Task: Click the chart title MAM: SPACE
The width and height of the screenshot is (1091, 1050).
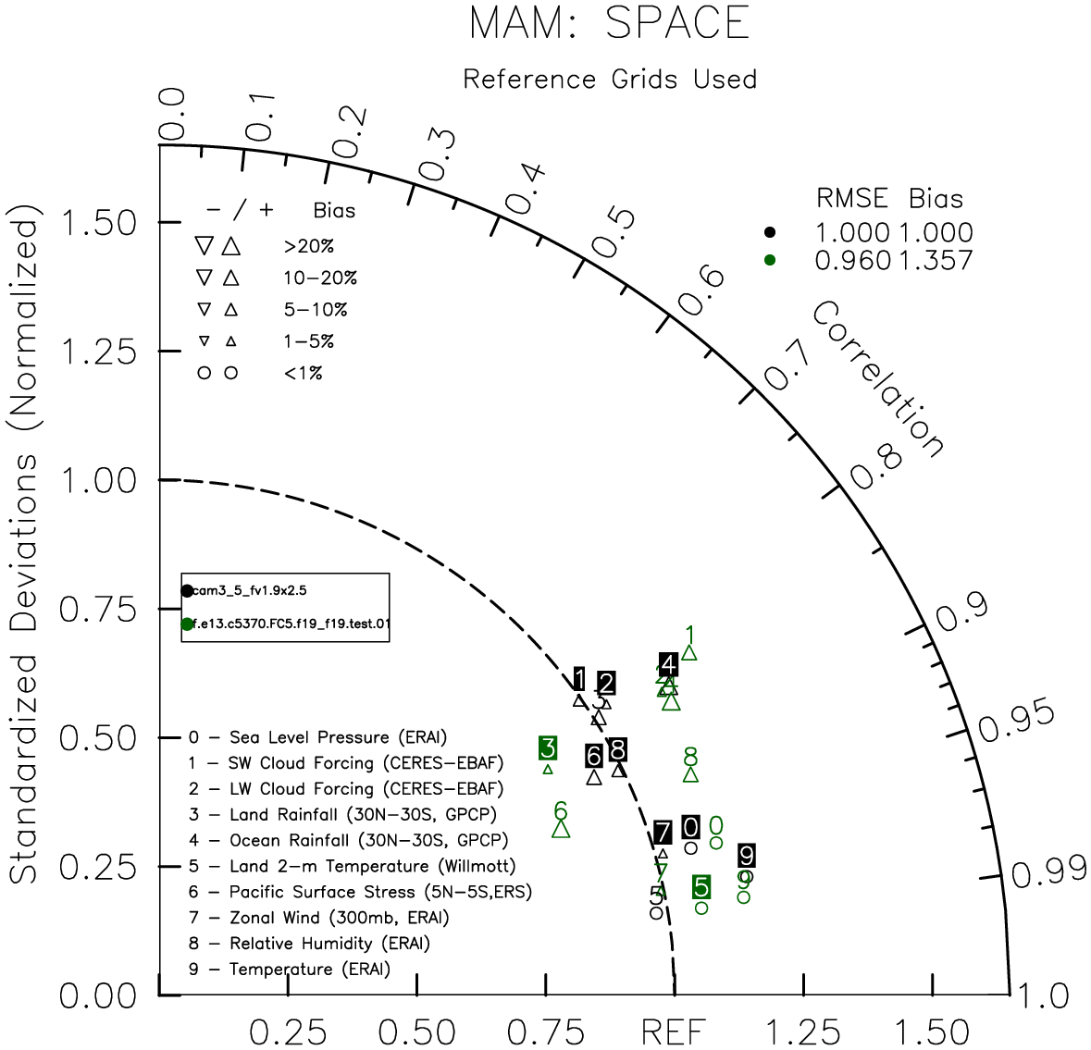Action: coord(609,23)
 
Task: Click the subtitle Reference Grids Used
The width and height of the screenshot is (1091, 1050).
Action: coord(610,80)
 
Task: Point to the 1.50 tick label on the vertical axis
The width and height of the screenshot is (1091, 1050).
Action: coord(97,223)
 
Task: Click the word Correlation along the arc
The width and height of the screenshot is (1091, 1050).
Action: coord(878,379)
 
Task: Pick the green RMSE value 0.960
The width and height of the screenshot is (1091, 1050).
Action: coord(852,261)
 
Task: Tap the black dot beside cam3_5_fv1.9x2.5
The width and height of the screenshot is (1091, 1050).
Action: coord(188,590)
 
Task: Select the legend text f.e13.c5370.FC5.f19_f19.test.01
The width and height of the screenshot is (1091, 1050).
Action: coord(291,624)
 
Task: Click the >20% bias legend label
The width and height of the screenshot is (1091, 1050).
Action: coord(308,247)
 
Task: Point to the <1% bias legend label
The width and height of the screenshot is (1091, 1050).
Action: coord(304,374)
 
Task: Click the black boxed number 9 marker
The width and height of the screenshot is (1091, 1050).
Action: coord(747,856)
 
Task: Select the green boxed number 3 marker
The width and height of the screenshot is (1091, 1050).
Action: coord(548,748)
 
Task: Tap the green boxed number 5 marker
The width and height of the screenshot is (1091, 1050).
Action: coord(701,887)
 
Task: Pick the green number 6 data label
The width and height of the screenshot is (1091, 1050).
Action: coord(560,811)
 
